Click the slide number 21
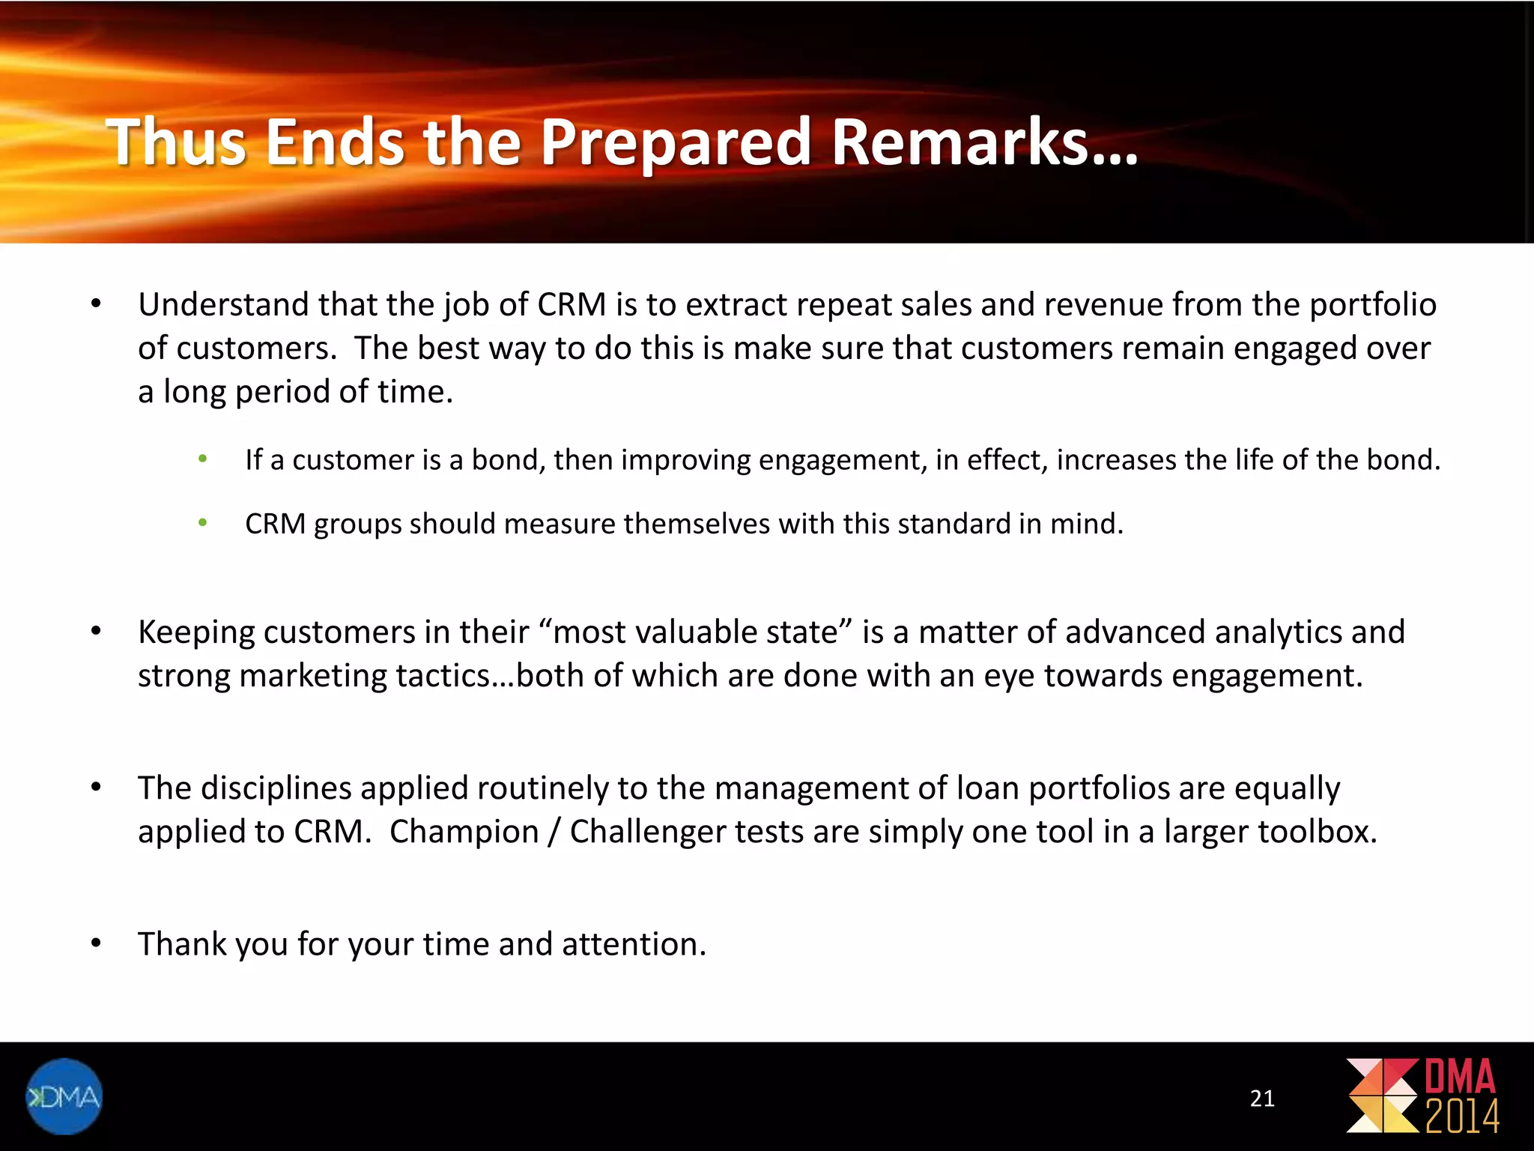point(1262,1099)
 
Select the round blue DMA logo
point(64,1096)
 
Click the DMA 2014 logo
point(1422,1096)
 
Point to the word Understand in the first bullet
point(222,305)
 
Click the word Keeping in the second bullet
point(196,632)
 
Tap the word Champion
point(464,832)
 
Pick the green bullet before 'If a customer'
point(202,459)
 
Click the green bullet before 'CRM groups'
point(202,523)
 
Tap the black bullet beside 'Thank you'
point(96,943)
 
